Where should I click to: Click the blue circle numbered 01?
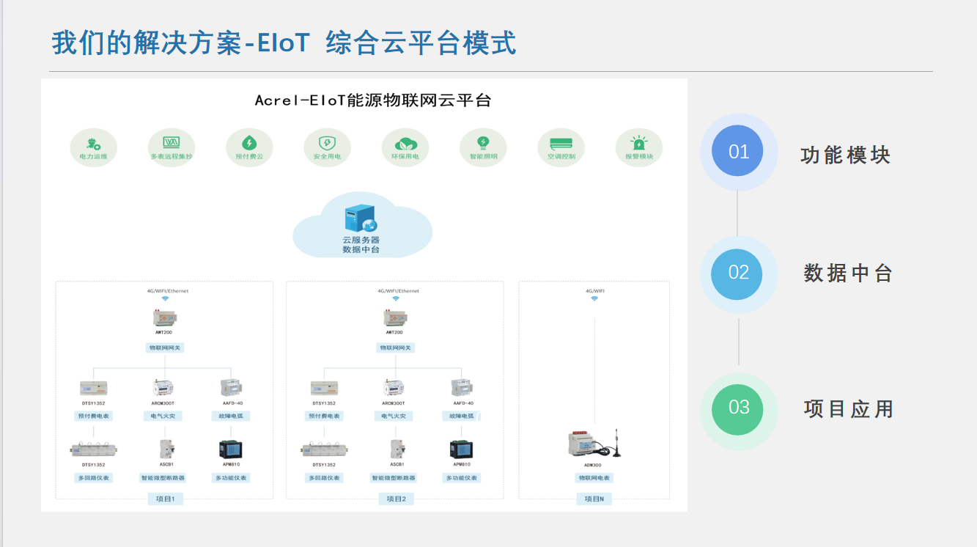[738, 151]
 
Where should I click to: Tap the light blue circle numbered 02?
[738, 273]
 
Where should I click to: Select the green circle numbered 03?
[738, 408]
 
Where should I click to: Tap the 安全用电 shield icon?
[327, 143]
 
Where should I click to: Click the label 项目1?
[165, 499]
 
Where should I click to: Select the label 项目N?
[594, 499]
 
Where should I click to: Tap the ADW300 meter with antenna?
[594, 444]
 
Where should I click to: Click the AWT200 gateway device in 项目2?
[395, 318]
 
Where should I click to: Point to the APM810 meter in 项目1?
[232, 449]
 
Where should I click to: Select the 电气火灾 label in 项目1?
[163, 416]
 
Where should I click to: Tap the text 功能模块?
[845, 155]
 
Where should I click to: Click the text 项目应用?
[848, 408]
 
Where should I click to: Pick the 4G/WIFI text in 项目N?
[594, 291]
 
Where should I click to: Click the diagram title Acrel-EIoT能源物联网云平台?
[372, 100]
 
